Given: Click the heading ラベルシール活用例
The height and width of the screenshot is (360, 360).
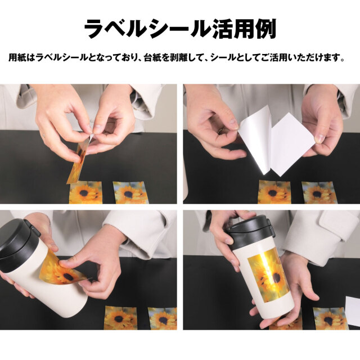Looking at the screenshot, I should tap(180, 28).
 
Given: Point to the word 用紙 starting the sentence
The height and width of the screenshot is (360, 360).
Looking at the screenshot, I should tap(17, 58).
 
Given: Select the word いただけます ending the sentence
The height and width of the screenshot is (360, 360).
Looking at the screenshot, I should tap(313, 58).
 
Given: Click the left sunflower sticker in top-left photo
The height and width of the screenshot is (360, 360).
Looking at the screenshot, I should tap(85, 192).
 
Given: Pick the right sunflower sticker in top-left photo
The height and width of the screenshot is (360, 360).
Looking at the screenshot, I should tap(130, 192).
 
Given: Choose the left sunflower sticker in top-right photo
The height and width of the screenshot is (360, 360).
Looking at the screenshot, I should tap(274, 192).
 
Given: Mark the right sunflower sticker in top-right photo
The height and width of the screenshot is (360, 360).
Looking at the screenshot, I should tap(318, 192).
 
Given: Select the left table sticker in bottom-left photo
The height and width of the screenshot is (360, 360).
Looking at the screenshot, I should tap(121, 318).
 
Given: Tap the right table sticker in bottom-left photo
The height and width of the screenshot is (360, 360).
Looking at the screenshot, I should tap(163, 318).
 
